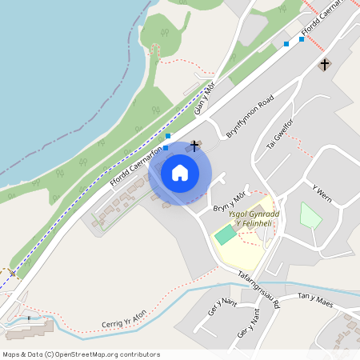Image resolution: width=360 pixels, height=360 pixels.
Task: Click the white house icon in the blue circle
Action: (x=180, y=173)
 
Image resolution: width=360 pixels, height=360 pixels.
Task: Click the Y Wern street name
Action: (x=322, y=194)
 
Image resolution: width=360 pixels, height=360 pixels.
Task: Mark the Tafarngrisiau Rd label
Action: (x=260, y=289)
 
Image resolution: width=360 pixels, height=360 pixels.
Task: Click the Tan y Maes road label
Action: (x=314, y=298)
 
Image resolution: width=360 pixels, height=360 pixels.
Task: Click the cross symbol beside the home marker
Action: (x=194, y=146)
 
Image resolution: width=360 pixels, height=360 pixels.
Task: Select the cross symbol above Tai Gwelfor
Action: (x=325, y=63)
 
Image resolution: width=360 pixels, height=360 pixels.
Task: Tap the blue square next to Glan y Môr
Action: (x=168, y=136)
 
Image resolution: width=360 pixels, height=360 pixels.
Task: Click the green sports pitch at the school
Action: (x=226, y=235)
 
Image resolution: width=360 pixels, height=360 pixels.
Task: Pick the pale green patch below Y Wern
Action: (x=310, y=215)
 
